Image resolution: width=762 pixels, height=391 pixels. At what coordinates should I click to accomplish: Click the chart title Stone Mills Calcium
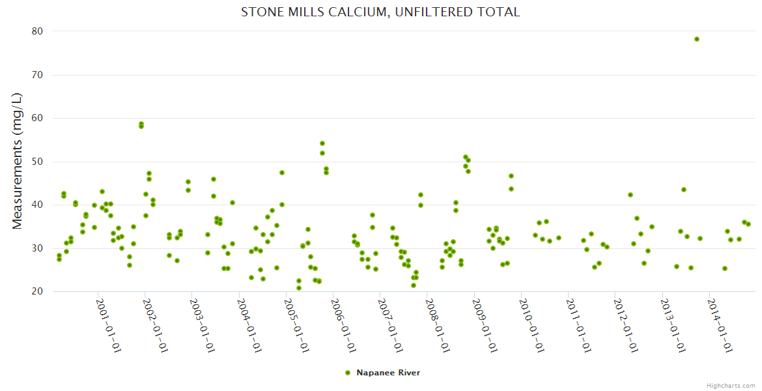[380, 12]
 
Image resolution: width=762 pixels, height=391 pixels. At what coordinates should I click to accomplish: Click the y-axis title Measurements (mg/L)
[18, 160]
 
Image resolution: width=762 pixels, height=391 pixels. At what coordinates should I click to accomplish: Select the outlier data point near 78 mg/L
[697, 39]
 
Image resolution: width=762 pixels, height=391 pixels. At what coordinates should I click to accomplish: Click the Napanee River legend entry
[388, 373]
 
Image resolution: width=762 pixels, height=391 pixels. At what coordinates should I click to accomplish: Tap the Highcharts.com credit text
[731, 385]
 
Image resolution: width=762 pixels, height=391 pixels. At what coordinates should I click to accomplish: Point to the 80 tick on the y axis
[36, 31]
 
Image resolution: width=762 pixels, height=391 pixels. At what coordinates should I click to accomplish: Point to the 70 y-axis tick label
[36, 75]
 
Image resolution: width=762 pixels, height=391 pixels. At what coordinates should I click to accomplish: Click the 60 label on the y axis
[36, 118]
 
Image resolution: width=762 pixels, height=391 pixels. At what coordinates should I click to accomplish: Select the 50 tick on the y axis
[36, 162]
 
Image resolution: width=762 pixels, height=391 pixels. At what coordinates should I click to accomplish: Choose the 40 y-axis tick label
[36, 205]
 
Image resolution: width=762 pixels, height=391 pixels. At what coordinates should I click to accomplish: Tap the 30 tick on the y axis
[36, 248]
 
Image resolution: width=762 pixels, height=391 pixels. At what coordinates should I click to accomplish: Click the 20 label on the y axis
[36, 291]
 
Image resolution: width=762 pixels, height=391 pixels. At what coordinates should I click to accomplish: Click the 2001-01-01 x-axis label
[109, 325]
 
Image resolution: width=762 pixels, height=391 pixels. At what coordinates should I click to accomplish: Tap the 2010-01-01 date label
[532, 325]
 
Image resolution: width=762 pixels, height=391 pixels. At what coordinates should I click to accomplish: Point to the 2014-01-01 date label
[720, 325]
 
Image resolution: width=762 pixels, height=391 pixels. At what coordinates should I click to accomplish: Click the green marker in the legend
[348, 373]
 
